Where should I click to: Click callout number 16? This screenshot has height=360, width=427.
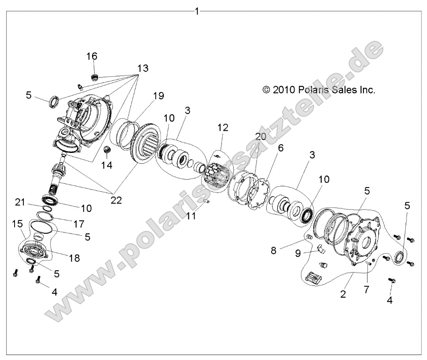coord(92,57)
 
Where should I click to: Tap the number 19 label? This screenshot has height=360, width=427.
coord(158,96)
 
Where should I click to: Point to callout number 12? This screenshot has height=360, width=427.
coord(222,128)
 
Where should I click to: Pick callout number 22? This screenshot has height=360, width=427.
coord(116,200)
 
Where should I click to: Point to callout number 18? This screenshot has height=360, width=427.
coord(74,258)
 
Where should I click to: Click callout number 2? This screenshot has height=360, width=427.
coord(342,294)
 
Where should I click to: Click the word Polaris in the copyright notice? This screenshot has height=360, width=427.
coord(317,89)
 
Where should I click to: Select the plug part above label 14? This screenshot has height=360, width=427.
coord(107,149)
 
